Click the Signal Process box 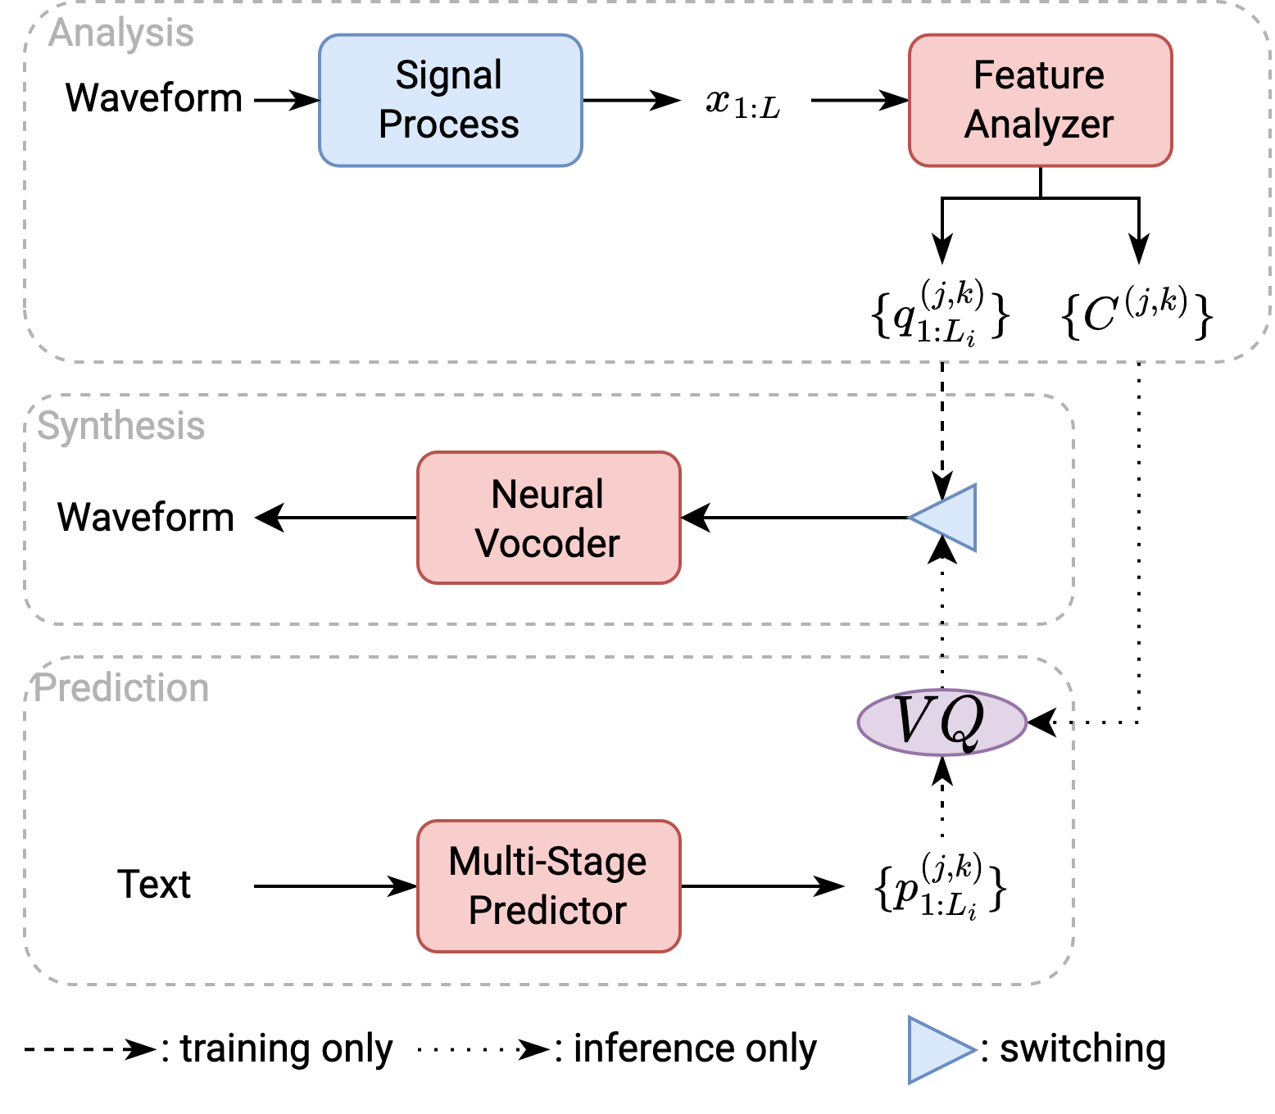point(450,100)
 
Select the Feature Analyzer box point(1040,100)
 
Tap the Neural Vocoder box point(548,518)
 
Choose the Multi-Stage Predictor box point(548,886)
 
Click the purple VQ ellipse point(942,722)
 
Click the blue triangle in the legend point(941,1050)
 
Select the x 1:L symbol point(742,102)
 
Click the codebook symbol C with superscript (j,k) point(1137,312)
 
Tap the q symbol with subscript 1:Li point(940,312)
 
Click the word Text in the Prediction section point(154,884)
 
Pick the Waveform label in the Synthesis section point(146,517)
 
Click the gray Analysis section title point(121,33)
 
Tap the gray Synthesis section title point(121,426)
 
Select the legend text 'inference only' point(695,1048)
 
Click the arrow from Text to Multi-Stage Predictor point(335,886)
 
